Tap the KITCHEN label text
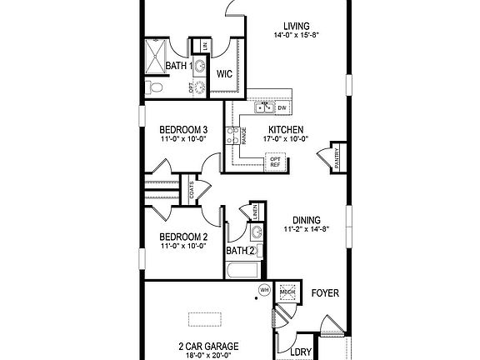[285, 129]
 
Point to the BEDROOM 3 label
[182, 129]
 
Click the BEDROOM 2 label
[182, 237]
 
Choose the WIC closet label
[223, 73]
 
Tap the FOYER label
[325, 293]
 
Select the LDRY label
[301, 352]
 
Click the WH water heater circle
[264, 290]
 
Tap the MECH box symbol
[287, 291]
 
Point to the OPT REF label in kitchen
[275, 162]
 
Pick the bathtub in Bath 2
[240, 270]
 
